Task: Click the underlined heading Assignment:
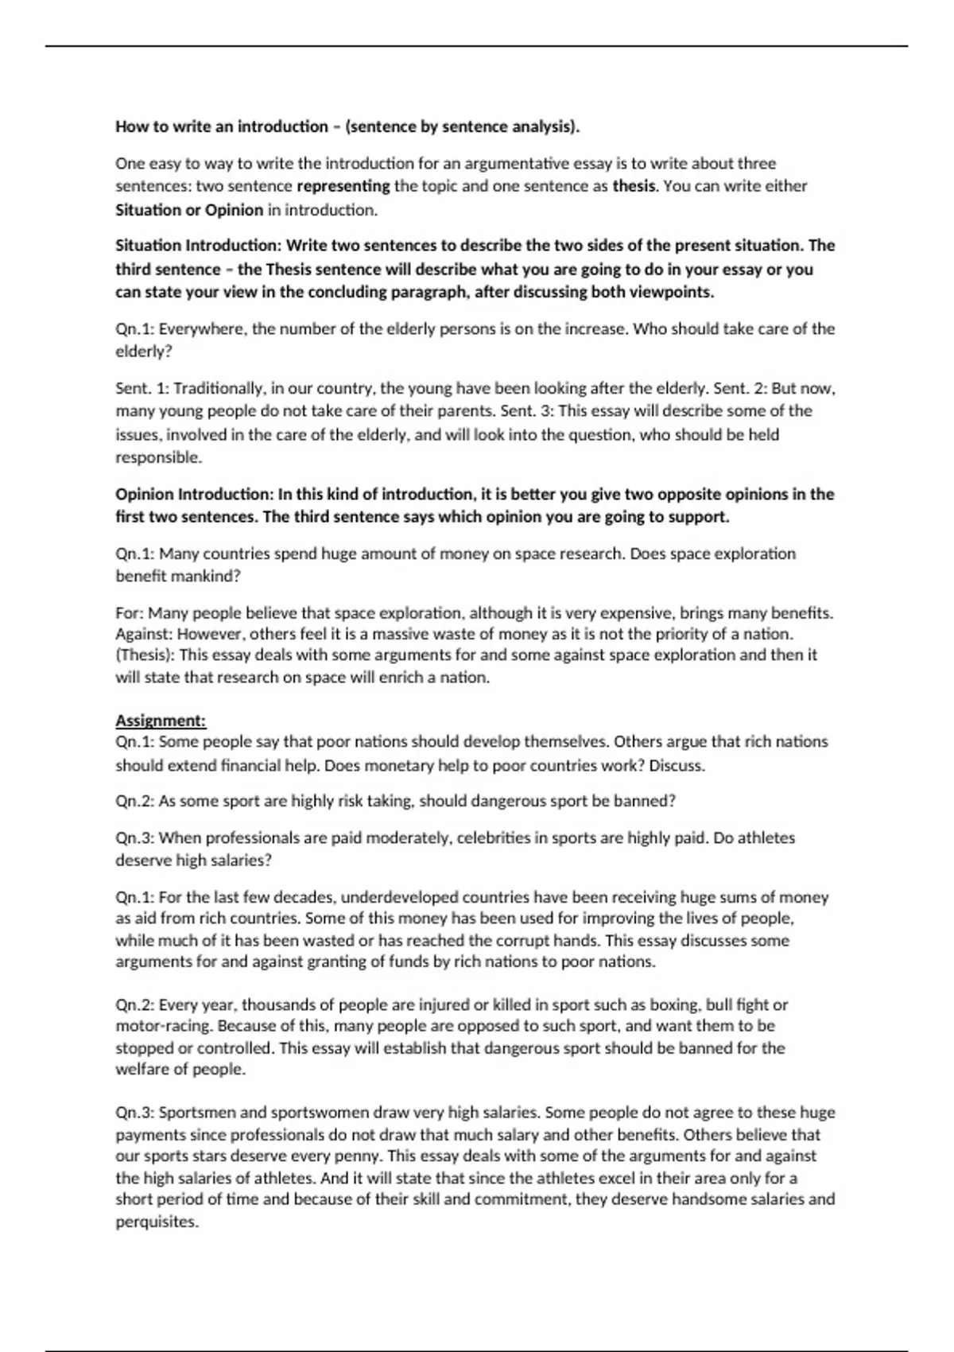click(x=161, y=721)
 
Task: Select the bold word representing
click(x=343, y=186)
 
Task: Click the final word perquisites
click(x=157, y=1222)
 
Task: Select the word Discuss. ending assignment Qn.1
click(x=677, y=765)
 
